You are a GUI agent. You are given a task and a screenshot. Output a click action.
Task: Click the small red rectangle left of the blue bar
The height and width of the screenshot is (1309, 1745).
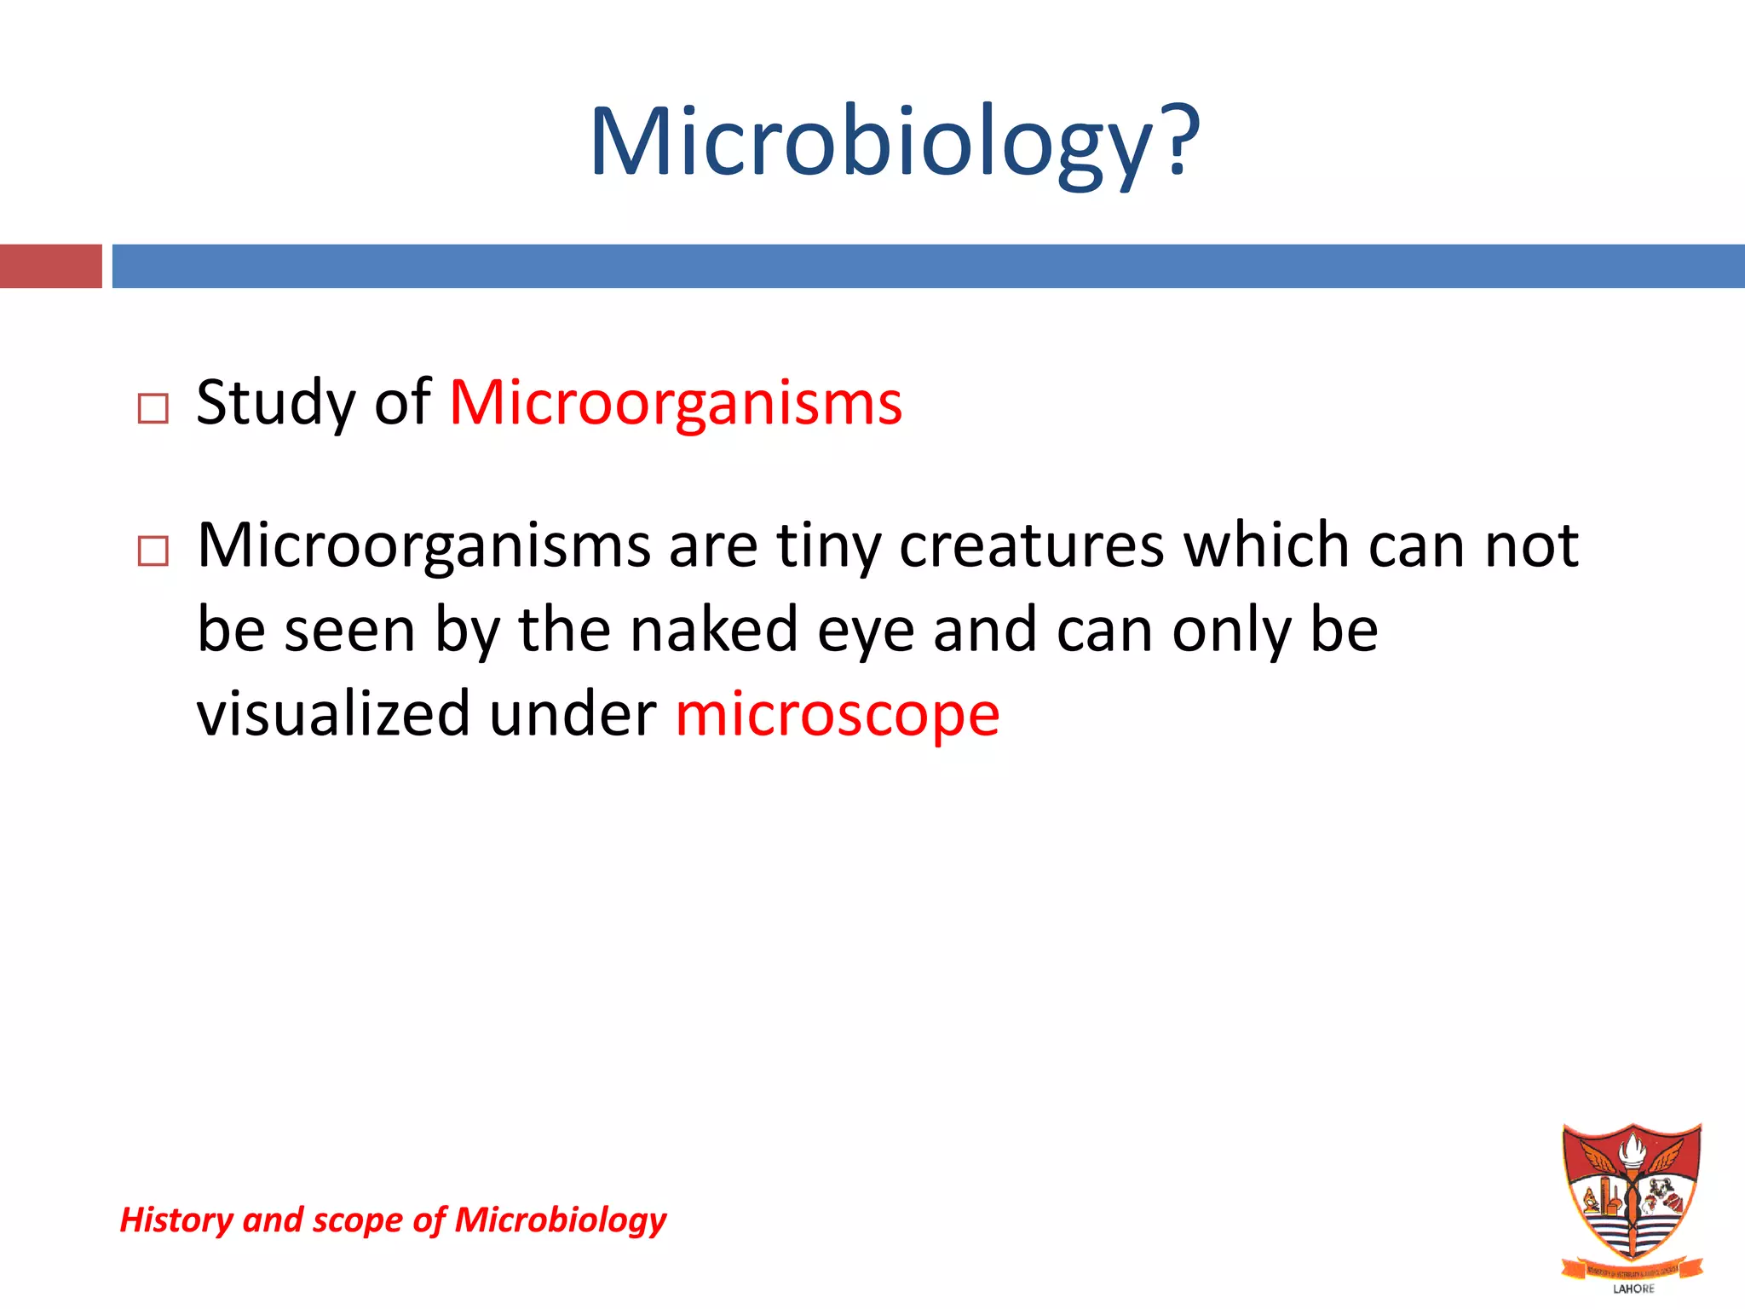pyautogui.click(x=50, y=266)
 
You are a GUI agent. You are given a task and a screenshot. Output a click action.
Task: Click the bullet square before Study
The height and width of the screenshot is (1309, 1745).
pyautogui.click(x=153, y=409)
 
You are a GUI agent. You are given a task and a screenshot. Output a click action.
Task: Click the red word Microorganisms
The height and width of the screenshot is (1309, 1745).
pyautogui.click(x=676, y=402)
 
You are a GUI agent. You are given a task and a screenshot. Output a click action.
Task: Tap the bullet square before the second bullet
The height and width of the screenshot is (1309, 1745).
pyautogui.click(x=153, y=551)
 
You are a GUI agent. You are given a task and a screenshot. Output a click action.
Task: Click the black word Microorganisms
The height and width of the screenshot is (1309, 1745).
pyautogui.click(x=423, y=545)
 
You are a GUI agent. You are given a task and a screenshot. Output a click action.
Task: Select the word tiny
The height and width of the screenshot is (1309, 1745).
pyautogui.click(x=828, y=545)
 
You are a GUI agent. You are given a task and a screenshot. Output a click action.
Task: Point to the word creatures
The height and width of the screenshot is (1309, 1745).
pyautogui.click(x=1032, y=545)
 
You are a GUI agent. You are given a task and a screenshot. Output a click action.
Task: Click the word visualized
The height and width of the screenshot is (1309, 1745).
pyautogui.click(x=333, y=713)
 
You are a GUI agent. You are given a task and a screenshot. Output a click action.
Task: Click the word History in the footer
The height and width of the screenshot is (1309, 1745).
pyautogui.click(x=176, y=1220)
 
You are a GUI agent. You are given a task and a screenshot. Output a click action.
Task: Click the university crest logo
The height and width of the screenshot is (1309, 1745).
pyautogui.click(x=1632, y=1193)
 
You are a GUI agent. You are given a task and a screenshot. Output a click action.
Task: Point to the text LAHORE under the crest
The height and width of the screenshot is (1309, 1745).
pyautogui.click(x=1633, y=1289)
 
